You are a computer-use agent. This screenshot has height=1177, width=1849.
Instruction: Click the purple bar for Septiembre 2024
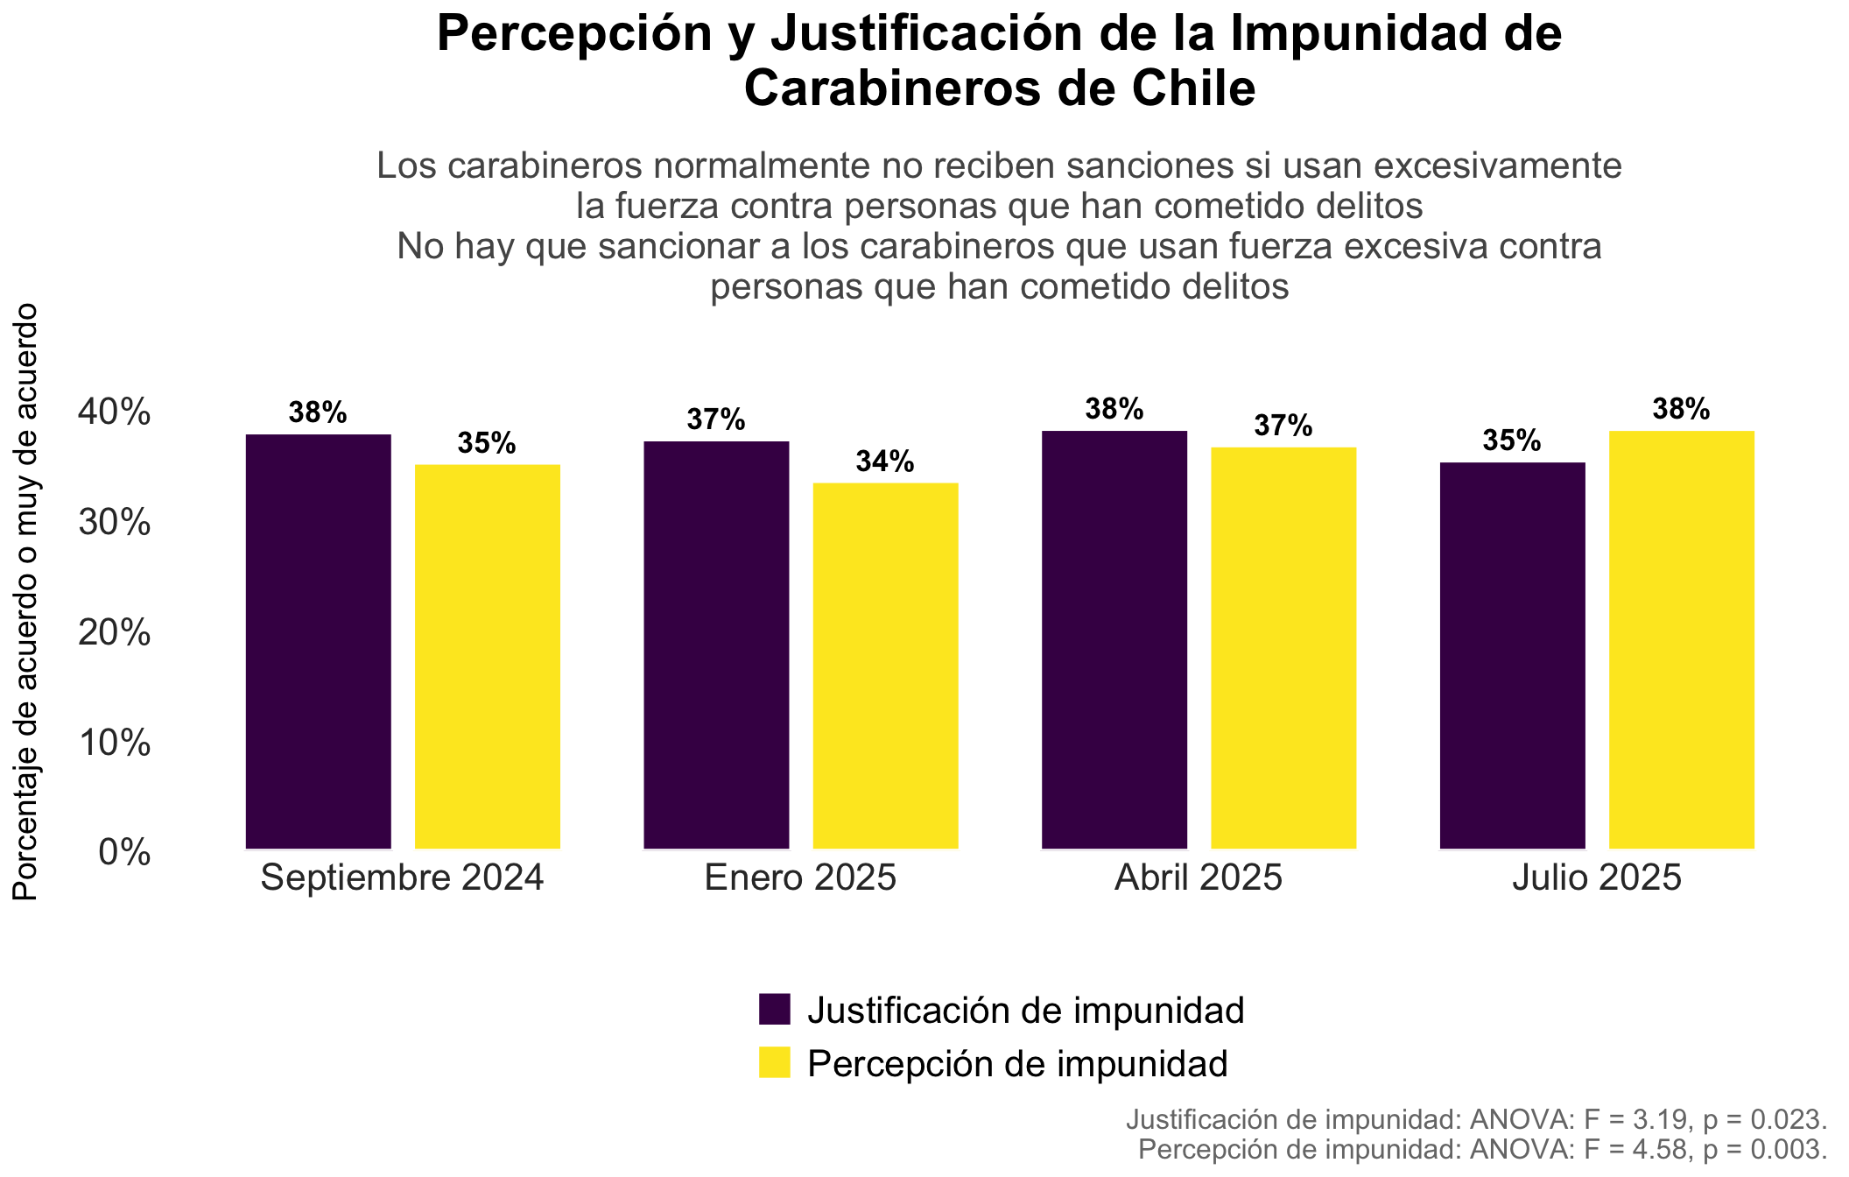(x=319, y=641)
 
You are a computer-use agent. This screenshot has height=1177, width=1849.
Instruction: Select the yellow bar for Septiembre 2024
(x=488, y=657)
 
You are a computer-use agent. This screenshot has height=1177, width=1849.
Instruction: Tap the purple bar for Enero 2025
(x=716, y=645)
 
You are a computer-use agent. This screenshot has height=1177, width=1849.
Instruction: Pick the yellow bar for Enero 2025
(x=886, y=666)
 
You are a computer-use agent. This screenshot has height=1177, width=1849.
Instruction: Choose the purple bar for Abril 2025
(x=1114, y=639)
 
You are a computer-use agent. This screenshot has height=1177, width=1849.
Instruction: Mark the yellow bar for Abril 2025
(x=1283, y=648)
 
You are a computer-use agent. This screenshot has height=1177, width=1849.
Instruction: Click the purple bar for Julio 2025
(x=1513, y=655)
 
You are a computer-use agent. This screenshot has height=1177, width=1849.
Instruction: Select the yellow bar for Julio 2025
(x=1682, y=639)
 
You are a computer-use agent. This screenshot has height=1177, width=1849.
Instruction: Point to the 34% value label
(x=885, y=462)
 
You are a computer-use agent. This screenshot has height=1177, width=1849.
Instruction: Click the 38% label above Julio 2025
(x=1681, y=409)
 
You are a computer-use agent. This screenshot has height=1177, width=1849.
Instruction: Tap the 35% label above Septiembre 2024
(x=487, y=443)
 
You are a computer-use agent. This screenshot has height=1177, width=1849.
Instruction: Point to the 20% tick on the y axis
(x=115, y=632)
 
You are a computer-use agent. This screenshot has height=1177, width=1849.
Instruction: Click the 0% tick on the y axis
(x=124, y=852)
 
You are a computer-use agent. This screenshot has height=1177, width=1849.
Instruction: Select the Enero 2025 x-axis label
(x=801, y=877)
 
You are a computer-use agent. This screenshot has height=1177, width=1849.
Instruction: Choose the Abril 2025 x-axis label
(x=1199, y=877)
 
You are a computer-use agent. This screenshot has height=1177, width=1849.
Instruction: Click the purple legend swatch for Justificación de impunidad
(x=775, y=1009)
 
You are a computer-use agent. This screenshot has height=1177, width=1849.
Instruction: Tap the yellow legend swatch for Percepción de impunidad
(x=775, y=1062)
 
